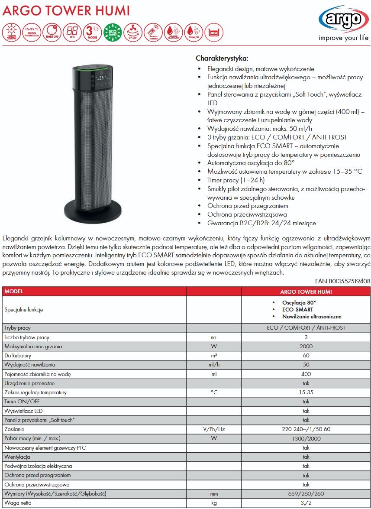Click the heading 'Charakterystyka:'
coord(222,58)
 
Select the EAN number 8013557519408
coord(346,281)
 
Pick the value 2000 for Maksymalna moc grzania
coord(306,347)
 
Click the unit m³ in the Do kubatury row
coord(213,356)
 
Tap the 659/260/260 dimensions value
coord(306,494)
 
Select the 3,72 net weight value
coord(306,503)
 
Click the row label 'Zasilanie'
coord(14,429)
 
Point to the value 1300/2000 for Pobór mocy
coord(306,438)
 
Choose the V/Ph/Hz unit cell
coord(213,429)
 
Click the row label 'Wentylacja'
coord(17,457)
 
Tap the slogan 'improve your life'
coord(344,38)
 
